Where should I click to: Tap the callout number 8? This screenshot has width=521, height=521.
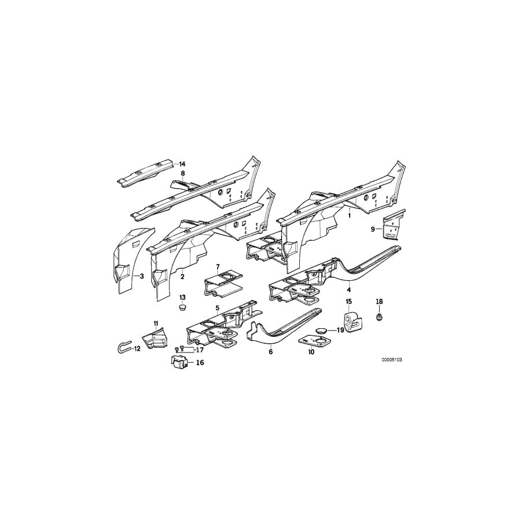(x=182, y=173)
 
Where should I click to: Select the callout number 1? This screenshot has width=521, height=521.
(x=349, y=214)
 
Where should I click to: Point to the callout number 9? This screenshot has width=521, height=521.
(x=373, y=230)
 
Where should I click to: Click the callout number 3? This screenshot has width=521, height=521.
(x=141, y=277)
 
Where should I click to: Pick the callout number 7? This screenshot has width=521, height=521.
(x=218, y=267)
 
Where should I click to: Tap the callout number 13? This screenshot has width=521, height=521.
(x=183, y=298)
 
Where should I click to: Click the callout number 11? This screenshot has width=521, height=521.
(x=155, y=322)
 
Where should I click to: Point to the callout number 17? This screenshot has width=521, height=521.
(x=200, y=349)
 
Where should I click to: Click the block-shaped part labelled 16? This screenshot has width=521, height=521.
(x=179, y=363)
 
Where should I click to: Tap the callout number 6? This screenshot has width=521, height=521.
(x=270, y=351)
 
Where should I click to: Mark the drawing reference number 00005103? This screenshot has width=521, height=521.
(x=391, y=359)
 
